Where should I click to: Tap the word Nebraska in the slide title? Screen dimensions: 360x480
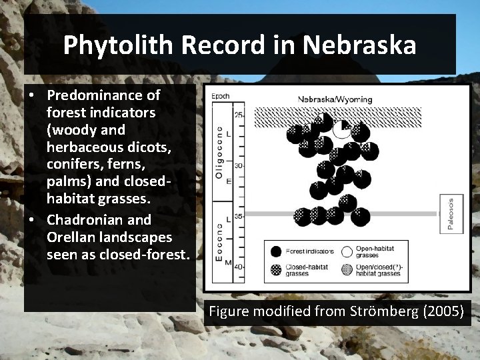point(359,45)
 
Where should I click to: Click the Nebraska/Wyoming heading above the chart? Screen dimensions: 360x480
point(336,99)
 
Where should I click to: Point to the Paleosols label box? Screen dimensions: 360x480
point(451,214)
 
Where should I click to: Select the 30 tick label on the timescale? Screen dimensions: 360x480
point(239,166)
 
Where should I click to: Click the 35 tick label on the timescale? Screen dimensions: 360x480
point(239,216)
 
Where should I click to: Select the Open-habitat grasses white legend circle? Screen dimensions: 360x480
point(347,251)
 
